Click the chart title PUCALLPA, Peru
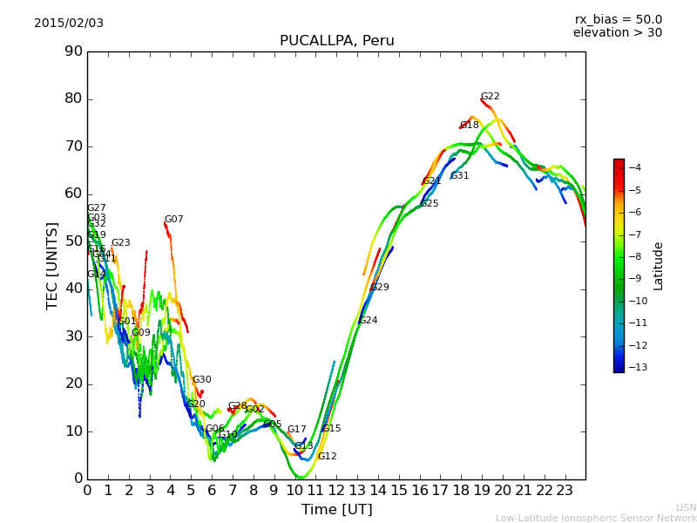coord(336,41)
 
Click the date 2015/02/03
coord(69,23)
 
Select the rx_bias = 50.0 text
coord(618,19)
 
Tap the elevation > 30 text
coord(617,33)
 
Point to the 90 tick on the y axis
coord(73,51)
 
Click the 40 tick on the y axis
coord(73,289)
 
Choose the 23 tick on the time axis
coord(565,490)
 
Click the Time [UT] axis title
coord(336,509)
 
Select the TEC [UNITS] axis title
coord(53,265)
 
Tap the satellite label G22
coord(490,97)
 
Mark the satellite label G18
coord(470,126)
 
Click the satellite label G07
coord(173,220)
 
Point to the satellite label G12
coord(327,457)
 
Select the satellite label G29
coord(380,288)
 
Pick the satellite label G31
coord(459,176)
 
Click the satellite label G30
coord(201,380)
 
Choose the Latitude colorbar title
coord(659,266)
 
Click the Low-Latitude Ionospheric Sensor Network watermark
coord(596,519)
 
